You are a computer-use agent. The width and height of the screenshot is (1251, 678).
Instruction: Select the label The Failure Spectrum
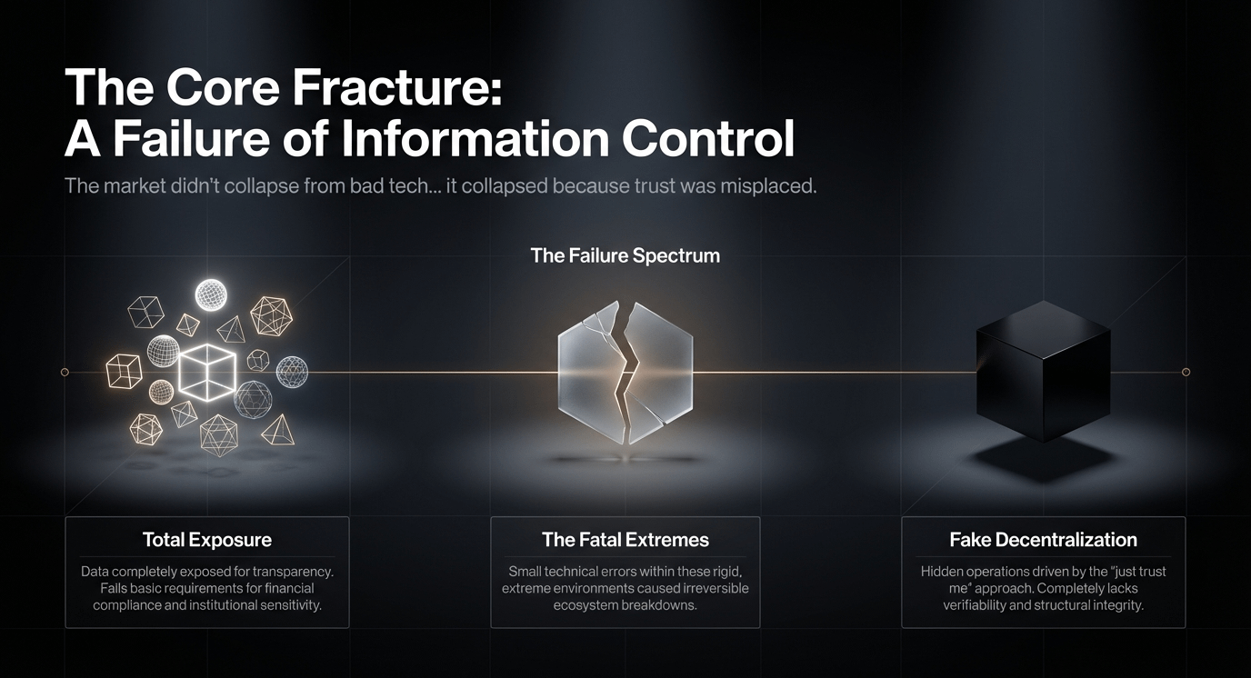(625, 255)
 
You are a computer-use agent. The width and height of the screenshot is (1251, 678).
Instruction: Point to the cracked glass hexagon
(625, 373)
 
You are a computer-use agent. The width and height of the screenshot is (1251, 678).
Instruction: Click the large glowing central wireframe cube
(207, 373)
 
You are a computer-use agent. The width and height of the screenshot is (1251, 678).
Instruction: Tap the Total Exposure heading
(206, 540)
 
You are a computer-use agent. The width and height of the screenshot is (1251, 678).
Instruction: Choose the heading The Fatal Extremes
(625, 540)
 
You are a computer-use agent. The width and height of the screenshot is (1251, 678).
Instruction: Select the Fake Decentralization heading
(1043, 540)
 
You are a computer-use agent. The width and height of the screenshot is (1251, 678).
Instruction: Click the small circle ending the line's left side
(65, 372)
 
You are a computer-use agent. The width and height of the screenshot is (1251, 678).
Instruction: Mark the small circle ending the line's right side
(1186, 372)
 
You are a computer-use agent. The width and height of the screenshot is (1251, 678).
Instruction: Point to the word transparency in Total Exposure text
(291, 572)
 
